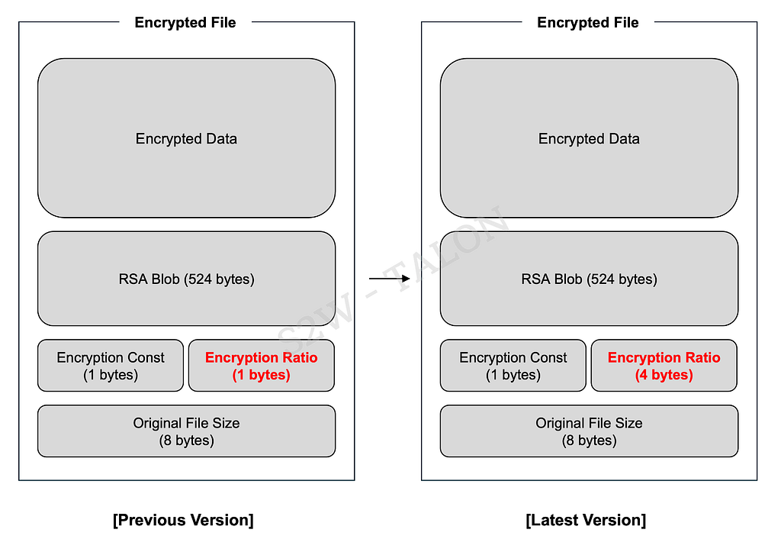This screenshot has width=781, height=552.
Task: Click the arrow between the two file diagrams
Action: [390, 278]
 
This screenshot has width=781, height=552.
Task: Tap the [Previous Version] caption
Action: [183, 520]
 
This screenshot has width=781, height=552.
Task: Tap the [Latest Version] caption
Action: [586, 520]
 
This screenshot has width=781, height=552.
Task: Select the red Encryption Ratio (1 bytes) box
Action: [262, 366]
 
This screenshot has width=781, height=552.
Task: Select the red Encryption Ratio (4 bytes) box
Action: [664, 366]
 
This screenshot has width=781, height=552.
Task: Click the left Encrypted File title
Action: [185, 22]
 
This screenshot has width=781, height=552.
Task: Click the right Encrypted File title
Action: [588, 22]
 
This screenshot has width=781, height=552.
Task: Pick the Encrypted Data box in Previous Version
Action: [186, 138]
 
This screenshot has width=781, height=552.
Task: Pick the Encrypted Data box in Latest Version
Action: [590, 138]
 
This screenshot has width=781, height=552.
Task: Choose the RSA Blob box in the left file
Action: [186, 279]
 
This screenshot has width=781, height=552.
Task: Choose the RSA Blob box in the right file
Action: [590, 279]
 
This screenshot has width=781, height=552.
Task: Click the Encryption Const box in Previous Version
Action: [111, 366]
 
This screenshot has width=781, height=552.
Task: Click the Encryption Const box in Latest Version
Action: [513, 366]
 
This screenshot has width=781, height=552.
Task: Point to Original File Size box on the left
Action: [186, 431]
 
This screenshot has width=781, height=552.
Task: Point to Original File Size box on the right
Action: [590, 431]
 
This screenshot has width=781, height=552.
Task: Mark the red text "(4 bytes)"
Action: [664, 374]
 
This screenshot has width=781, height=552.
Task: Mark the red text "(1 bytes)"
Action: [262, 374]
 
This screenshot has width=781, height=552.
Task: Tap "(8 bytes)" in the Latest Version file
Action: [590, 441]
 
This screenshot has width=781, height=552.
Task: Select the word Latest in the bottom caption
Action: [556, 520]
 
